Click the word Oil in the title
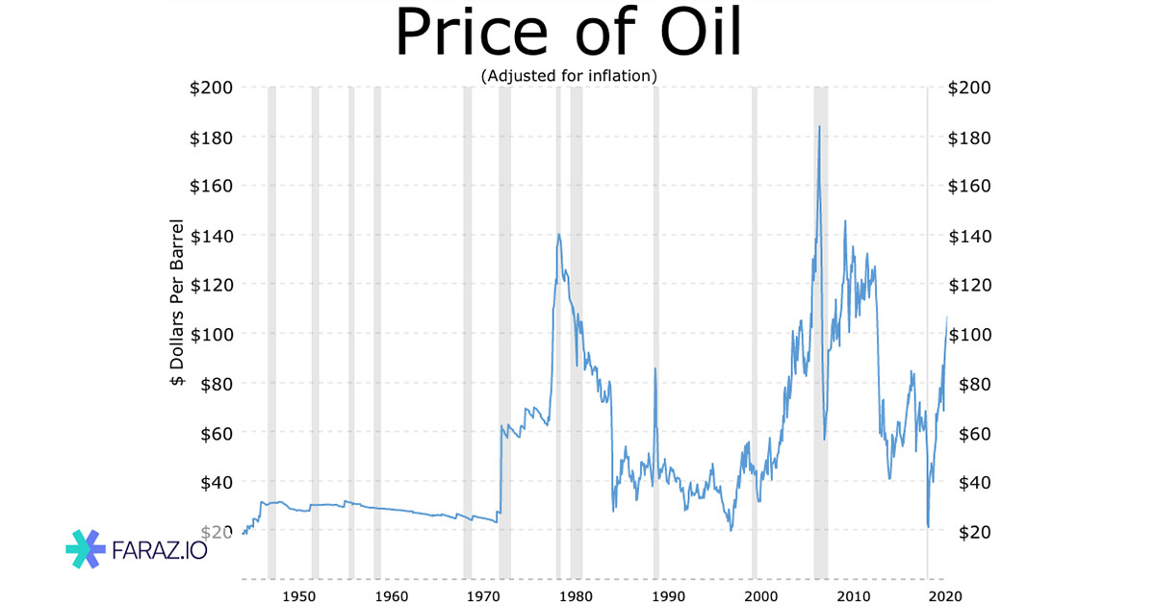coord(689,34)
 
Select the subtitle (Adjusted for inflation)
coord(568,74)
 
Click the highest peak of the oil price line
coord(819,126)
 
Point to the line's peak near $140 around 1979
coord(558,234)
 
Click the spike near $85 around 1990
coord(655,368)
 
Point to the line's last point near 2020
coord(947,316)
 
